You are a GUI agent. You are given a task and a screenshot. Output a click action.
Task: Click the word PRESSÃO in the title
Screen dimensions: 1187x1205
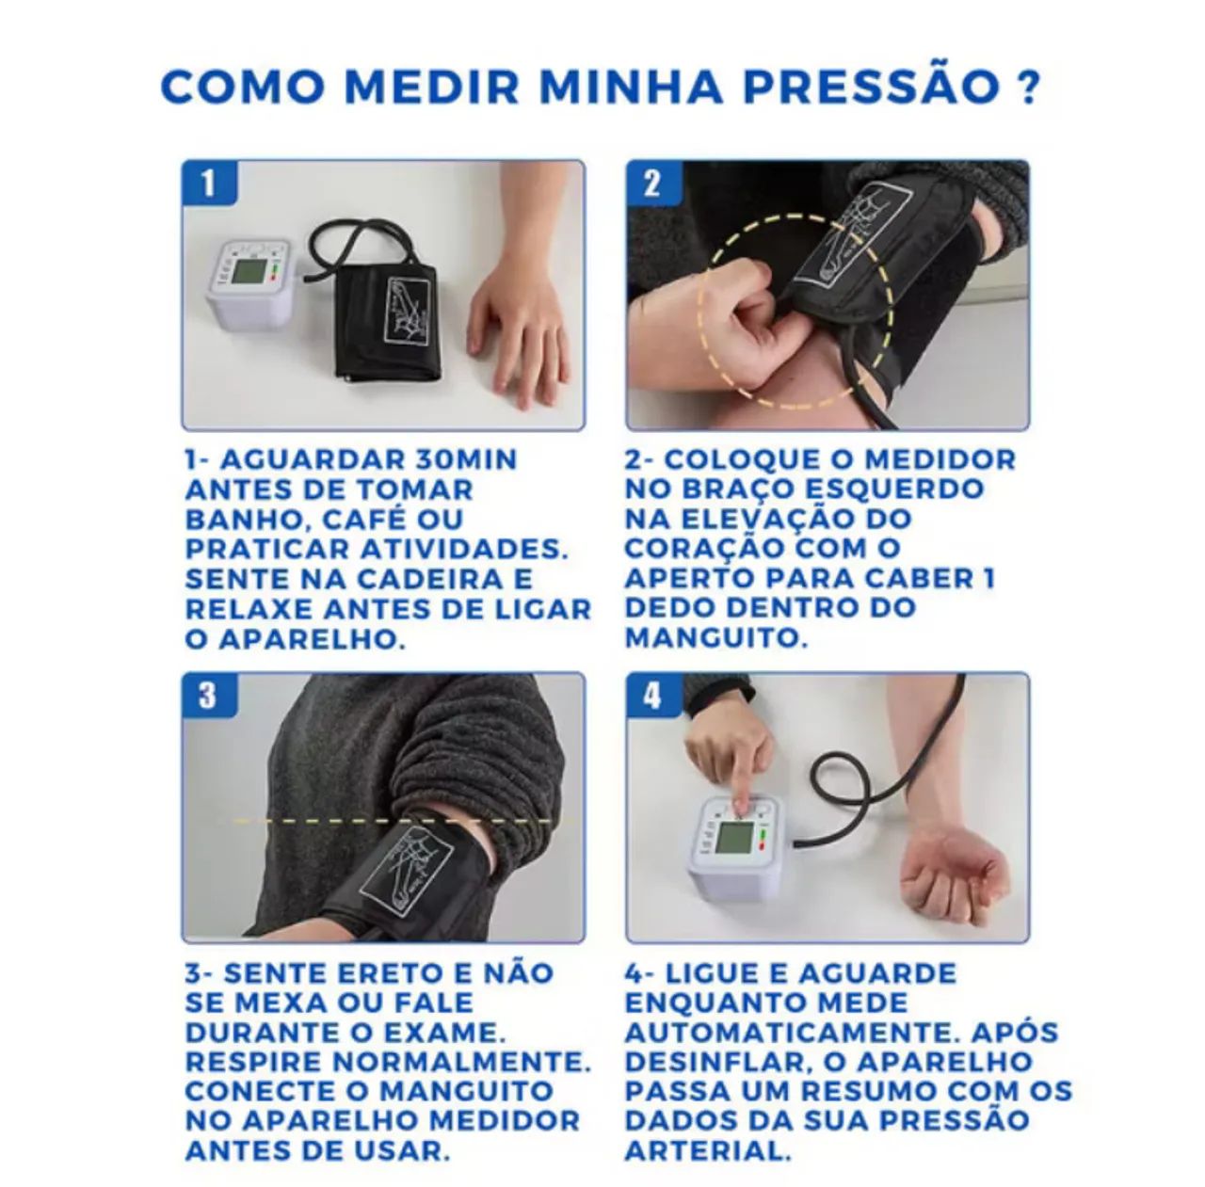pyautogui.click(x=871, y=86)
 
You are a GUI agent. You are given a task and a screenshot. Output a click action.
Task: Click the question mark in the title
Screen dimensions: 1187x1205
pyautogui.click(x=1028, y=86)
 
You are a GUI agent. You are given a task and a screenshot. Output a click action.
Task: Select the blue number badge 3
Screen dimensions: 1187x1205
pyautogui.click(x=208, y=696)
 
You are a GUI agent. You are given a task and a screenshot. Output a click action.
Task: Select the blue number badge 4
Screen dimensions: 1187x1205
pyautogui.click(x=652, y=696)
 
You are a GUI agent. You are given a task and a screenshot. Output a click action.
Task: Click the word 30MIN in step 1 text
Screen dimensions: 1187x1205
pyautogui.click(x=465, y=460)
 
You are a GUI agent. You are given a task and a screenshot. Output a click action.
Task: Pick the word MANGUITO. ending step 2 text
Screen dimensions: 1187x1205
pyautogui.click(x=716, y=638)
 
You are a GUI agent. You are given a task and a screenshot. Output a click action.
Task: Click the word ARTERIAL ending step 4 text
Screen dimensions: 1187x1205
pyautogui.click(x=707, y=1150)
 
